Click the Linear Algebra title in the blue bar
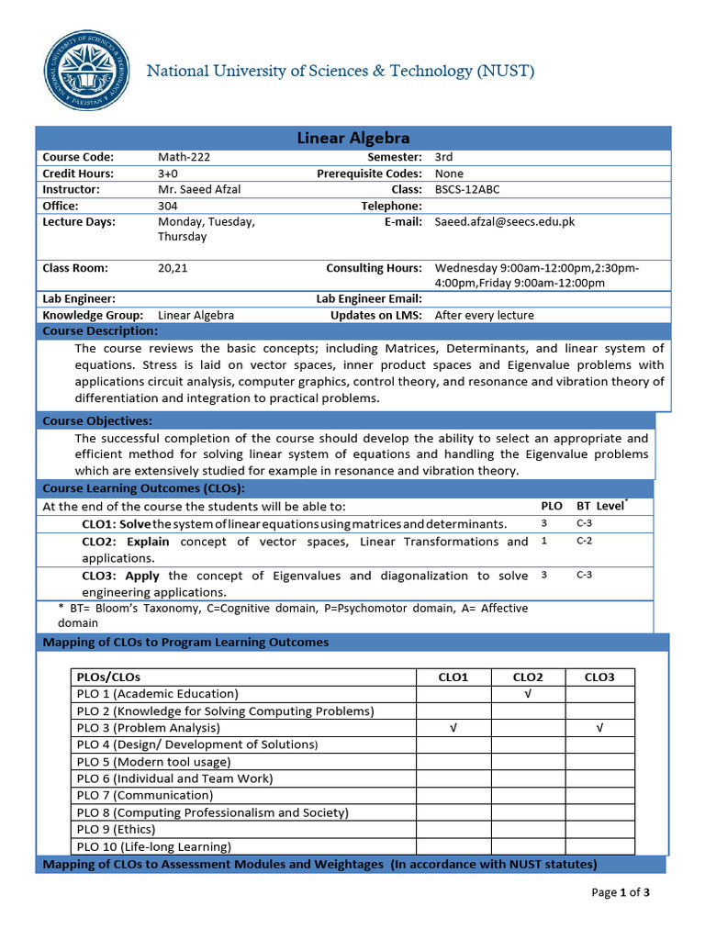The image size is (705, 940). (x=352, y=139)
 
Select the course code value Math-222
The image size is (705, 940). (x=184, y=157)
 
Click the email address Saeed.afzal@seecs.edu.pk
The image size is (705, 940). (x=505, y=221)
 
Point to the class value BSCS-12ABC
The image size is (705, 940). (x=467, y=189)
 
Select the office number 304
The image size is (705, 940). (x=168, y=206)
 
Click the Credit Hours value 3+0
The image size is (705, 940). (x=168, y=173)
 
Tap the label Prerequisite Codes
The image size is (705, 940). (x=369, y=173)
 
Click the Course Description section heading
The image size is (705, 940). (x=100, y=330)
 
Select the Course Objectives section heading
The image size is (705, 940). (x=96, y=420)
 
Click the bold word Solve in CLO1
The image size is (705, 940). (x=136, y=524)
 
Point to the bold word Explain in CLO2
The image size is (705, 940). (x=148, y=542)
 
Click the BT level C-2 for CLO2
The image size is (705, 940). (x=585, y=542)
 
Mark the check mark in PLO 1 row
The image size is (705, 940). (x=527, y=694)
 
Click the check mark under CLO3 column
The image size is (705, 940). (x=599, y=728)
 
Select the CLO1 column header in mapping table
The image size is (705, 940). (x=453, y=677)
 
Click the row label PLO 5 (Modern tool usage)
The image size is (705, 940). (x=153, y=762)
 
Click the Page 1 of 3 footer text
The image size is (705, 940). (x=621, y=892)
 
